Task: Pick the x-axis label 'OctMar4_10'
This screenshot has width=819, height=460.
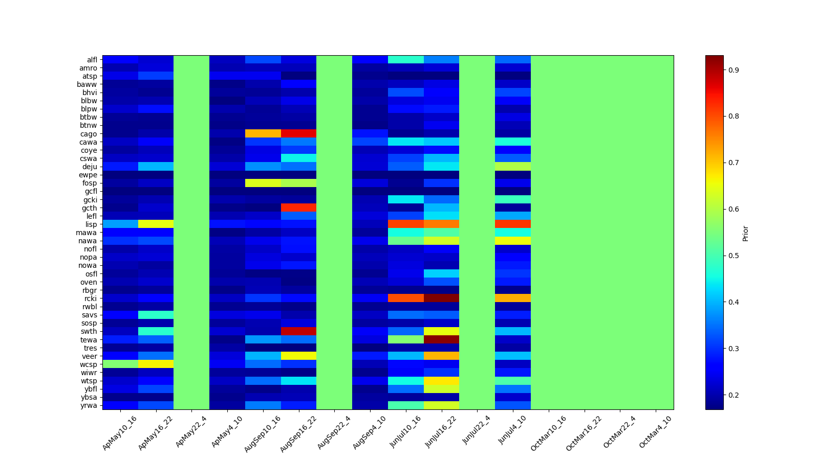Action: click(655, 432)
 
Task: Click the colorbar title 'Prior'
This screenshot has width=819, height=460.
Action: click(745, 233)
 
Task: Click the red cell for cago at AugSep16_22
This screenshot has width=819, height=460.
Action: click(298, 133)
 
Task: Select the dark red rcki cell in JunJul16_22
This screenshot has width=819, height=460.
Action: click(441, 298)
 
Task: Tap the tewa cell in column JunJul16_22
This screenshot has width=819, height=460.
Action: click(441, 339)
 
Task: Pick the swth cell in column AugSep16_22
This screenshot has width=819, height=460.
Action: click(298, 331)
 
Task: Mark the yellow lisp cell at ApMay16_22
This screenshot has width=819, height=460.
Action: click(156, 224)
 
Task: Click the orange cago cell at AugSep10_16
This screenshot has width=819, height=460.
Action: click(263, 133)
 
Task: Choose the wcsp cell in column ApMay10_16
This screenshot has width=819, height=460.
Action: click(120, 364)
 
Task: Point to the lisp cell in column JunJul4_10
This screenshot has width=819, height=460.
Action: click(512, 224)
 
